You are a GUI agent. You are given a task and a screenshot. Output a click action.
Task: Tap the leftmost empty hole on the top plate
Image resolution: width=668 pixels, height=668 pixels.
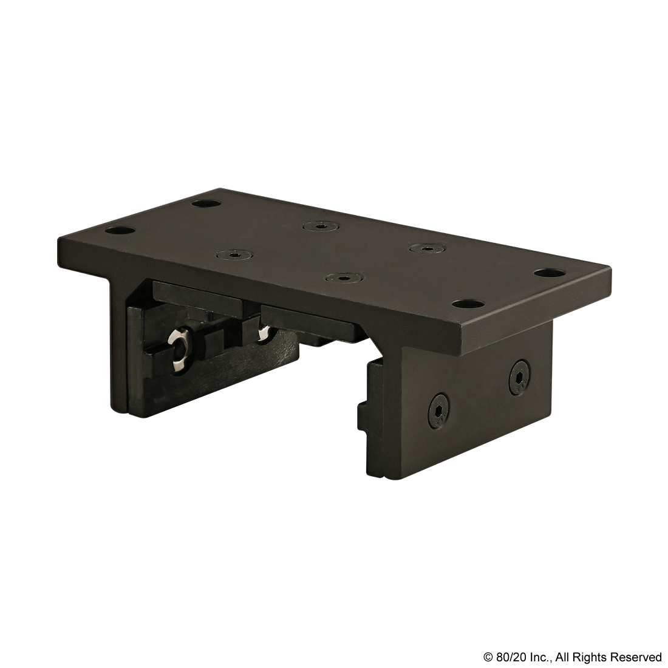tap(119, 231)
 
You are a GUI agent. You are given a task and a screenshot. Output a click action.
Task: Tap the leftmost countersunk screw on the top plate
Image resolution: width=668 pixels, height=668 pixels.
tap(233, 254)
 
